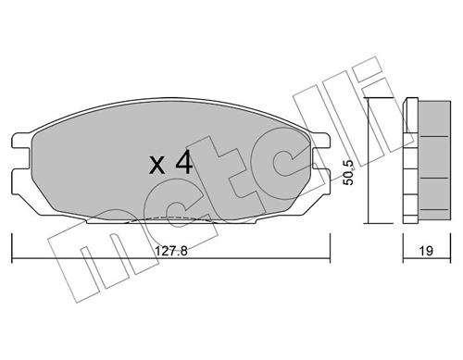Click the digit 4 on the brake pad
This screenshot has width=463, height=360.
click(183, 164)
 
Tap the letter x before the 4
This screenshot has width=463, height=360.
click(157, 167)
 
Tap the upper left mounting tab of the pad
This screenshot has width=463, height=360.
click(19, 140)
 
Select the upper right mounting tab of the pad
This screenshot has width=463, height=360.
click(324, 140)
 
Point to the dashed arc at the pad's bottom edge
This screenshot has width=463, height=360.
click(171, 218)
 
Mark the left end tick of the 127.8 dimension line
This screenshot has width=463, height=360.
click(11, 249)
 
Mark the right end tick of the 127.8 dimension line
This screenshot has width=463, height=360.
click(332, 249)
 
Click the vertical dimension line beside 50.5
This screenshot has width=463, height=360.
click(368, 162)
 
